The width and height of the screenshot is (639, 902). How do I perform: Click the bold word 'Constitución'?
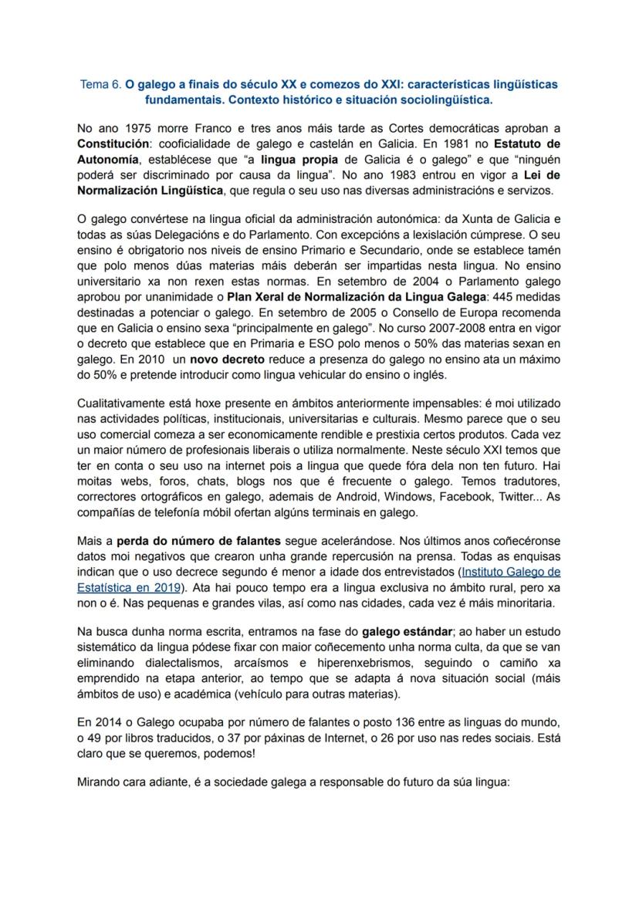click(x=113, y=144)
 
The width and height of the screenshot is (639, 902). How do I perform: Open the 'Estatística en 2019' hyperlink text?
click(x=123, y=587)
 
